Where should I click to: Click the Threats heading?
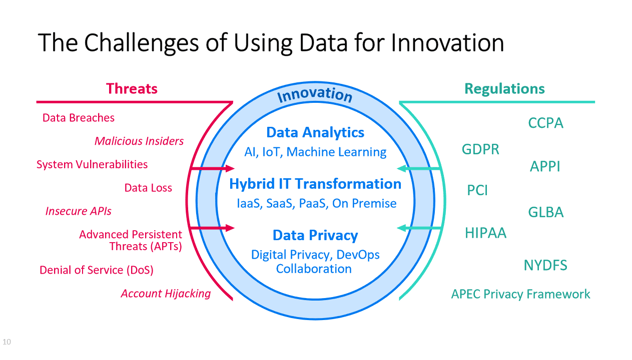(x=132, y=89)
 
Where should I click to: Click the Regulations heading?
(x=504, y=89)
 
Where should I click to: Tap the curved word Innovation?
(x=315, y=94)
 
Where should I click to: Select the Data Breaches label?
(x=78, y=118)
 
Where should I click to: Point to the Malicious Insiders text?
(x=139, y=141)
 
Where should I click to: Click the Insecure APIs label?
(x=78, y=211)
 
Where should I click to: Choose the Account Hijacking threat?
(x=166, y=293)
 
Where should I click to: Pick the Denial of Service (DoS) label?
(x=96, y=270)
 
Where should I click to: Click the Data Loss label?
(x=148, y=187)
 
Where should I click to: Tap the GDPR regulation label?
(x=480, y=150)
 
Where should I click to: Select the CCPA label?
(x=545, y=124)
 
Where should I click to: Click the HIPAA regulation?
(x=485, y=233)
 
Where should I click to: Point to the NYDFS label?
(x=545, y=265)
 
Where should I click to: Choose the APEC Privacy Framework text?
(x=520, y=294)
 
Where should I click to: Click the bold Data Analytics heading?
(x=315, y=132)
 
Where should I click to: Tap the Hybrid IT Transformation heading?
(x=315, y=184)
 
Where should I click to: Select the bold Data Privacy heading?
(x=315, y=236)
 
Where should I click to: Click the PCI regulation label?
(x=477, y=190)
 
